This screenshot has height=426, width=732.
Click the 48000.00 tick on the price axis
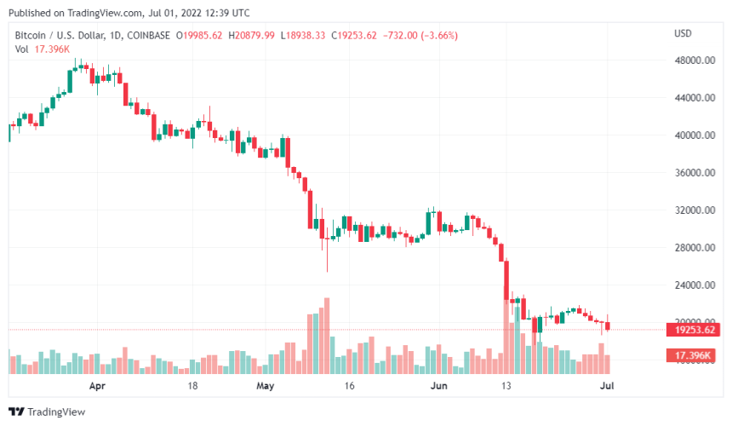695,60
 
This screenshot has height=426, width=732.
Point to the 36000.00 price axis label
695,173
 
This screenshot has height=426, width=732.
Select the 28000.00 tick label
695,248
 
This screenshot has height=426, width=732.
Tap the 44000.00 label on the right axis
695,98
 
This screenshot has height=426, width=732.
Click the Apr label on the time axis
97,386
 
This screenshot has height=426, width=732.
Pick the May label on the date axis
266,386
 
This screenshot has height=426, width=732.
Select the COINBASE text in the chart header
144,35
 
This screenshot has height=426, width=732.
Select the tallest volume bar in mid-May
326,336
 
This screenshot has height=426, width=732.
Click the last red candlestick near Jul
608,325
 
